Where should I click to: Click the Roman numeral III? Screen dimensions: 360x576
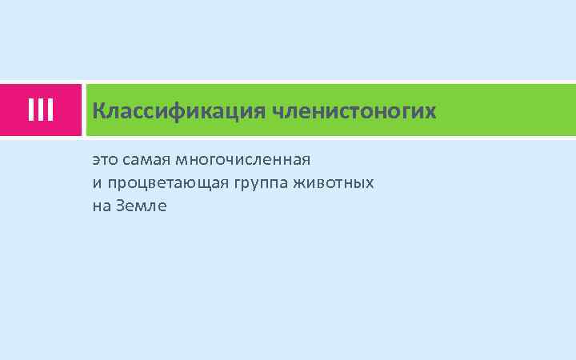[x=40, y=110]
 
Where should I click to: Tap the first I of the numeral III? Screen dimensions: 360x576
[x=30, y=110]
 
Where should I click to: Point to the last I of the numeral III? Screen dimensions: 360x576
[x=50, y=110]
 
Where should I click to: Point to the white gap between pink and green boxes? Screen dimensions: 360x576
[x=84, y=110]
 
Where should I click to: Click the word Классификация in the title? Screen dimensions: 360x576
[x=180, y=110]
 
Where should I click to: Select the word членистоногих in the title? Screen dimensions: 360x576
[x=354, y=110]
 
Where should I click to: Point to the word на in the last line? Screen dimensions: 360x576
[x=101, y=206]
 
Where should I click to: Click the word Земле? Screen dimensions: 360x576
[x=142, y=206]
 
